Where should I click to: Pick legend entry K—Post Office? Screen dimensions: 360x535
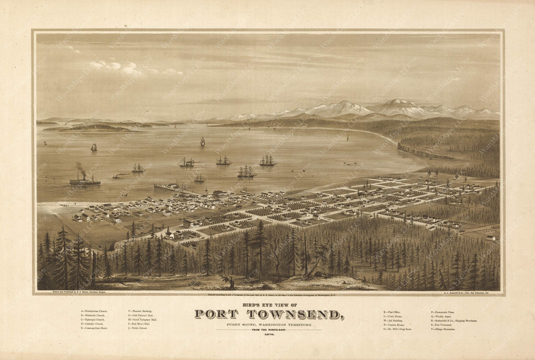tap(394, 312)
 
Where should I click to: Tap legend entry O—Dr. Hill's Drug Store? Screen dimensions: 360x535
tap(398, 329)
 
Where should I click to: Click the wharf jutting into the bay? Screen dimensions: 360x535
tap(168, 187)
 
